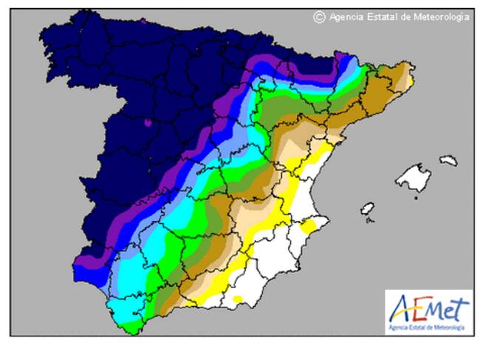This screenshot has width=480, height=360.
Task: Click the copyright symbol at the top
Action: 319,17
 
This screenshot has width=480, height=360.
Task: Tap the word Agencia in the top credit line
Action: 346,17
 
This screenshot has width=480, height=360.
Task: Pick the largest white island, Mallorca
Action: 412,177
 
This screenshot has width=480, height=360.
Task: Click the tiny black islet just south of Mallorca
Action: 416,197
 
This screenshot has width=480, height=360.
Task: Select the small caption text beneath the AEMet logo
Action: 427,326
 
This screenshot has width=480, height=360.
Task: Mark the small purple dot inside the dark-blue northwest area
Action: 148,123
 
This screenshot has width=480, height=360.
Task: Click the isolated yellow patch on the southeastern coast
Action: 311,225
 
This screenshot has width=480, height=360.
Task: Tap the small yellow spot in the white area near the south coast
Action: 238,299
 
